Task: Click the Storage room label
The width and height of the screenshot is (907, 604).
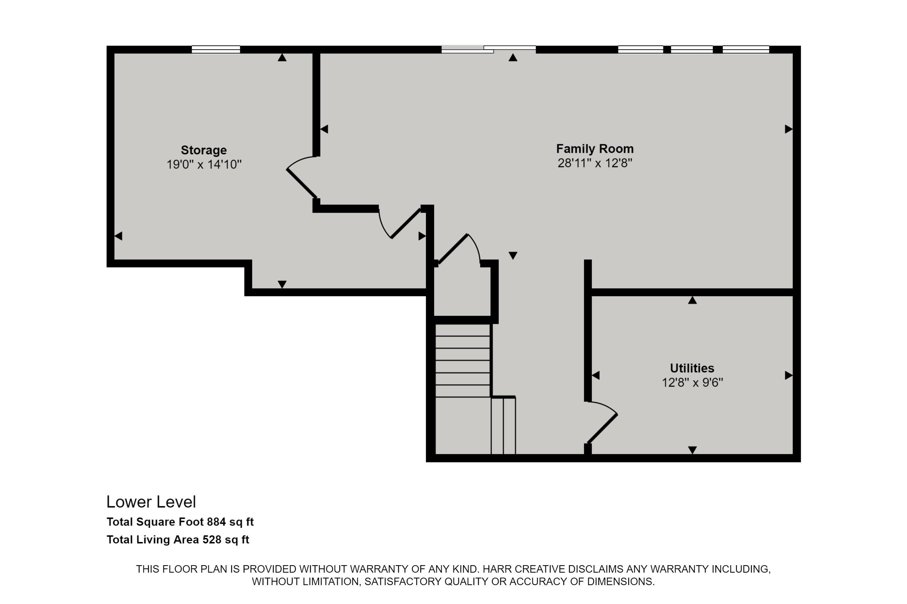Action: tap(204, 150)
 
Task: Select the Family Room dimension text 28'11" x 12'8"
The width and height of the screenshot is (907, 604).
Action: tap(595, 163)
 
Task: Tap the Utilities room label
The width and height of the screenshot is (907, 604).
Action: tap(692, 368)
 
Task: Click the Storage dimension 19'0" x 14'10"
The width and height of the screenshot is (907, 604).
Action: tap(204, 165)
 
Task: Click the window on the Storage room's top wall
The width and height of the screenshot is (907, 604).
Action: tap(216, 49)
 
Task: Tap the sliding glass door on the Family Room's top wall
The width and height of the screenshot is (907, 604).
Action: tap(488, 49)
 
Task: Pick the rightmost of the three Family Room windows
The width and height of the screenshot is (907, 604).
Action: tap(745, 49)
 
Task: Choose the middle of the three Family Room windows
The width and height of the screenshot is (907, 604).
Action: tap(691, 49)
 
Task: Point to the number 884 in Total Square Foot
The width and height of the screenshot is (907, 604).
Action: tap(216, 522)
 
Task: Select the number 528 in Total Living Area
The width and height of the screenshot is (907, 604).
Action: tap(212, 540)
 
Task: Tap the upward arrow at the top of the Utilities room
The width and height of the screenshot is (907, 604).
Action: tap(692, 300)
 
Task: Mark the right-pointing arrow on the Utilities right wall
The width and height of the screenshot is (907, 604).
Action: tap(789, 375)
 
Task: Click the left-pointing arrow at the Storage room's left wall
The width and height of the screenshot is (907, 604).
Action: tap(118, 236)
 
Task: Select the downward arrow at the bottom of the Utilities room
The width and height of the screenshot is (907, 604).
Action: tap(692, 450)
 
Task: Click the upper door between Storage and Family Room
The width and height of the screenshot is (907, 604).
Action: tap(301, 183)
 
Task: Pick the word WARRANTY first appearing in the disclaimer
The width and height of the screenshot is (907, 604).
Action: tap(323, 569)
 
